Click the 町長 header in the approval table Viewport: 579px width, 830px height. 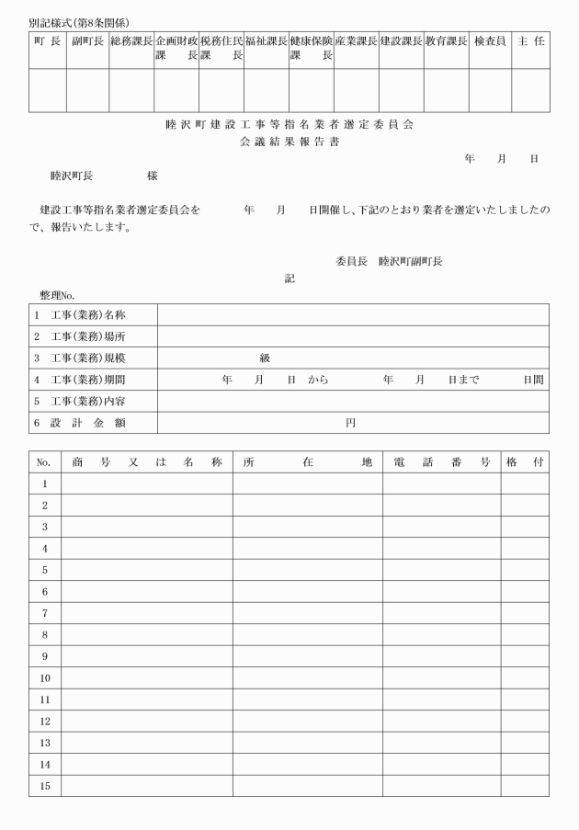click(47, 42)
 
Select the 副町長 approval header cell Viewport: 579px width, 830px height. click(87, 42)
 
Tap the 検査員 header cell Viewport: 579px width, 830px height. click(490, 42)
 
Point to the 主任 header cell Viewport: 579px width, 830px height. click(531, 42)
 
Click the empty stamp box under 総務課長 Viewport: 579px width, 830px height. click(131, 90)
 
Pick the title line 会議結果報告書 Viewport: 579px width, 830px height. click(289, 142)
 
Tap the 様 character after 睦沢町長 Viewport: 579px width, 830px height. click(153, 175)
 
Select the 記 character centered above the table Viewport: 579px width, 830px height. click(289, 279)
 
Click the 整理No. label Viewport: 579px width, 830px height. click(57, 295)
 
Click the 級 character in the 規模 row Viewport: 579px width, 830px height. click(265, 358)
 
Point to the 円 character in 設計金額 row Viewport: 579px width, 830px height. click(350, 423)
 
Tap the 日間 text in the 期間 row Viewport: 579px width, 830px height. click(533, 380)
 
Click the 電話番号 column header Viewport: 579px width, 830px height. click(441, 461)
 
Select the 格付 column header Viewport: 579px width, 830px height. click(525, 461)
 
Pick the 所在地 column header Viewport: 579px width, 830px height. click(307, 461)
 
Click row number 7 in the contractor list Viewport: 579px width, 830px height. click(44, 613)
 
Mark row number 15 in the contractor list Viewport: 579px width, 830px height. click(44, 786)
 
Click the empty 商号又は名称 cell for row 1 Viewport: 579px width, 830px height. click(146, 483)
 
